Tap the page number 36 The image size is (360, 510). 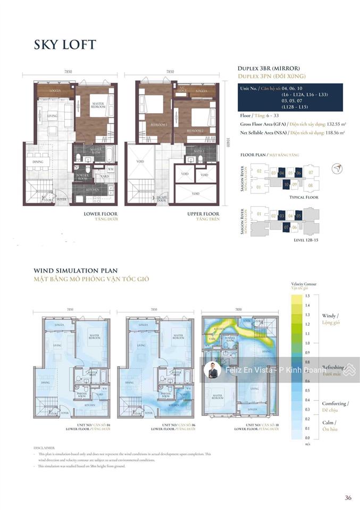[x=347, y=498]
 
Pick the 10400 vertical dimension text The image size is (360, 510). [x=227, y=142]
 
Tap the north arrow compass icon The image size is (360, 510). [x=336, y=169]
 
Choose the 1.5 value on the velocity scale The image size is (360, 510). [x=307, y=295]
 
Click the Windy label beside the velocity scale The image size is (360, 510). [x=330, y=316]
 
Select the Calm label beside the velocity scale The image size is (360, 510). [x=328, y=422]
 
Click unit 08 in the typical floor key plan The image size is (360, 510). [x=311, y=186]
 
